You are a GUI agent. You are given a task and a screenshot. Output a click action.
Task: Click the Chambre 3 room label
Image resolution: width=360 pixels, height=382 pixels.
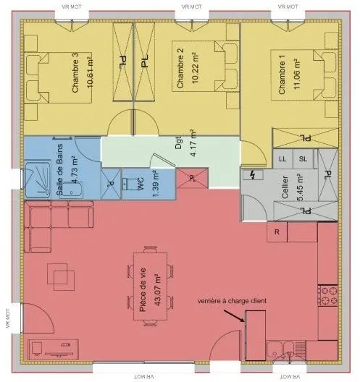pos(75,72)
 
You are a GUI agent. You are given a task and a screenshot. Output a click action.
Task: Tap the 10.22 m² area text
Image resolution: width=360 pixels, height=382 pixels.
pos(196,68)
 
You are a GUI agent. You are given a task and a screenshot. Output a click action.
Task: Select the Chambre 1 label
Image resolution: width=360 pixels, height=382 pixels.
pos(282,75)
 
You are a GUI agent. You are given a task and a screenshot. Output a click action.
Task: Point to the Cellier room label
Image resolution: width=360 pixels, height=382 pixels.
pos(285,187)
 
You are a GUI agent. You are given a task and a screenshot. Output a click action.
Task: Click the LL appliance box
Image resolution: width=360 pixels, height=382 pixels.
pos(282,159)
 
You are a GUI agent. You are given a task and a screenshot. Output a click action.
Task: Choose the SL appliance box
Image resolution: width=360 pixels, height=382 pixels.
pos(304,159)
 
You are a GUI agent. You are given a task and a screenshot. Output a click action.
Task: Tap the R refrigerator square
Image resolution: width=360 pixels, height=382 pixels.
pos(277,232)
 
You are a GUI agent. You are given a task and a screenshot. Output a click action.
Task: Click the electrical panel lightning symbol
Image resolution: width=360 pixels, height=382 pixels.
pos(253,174)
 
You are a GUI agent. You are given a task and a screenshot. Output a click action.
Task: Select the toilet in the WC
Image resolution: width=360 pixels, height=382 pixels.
pos(127,184)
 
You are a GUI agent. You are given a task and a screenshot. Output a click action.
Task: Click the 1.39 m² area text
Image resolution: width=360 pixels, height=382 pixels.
pos(156,184)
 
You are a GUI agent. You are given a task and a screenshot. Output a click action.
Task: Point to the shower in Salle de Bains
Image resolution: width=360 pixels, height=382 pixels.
pos(38,179)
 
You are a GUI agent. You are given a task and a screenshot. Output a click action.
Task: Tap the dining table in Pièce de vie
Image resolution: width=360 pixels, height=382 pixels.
pos(150,286)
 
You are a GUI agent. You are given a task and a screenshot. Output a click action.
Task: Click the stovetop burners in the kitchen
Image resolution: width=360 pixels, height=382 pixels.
pos(327,295)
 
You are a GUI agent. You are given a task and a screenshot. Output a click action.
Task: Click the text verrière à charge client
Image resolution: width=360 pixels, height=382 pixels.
pos(232,301)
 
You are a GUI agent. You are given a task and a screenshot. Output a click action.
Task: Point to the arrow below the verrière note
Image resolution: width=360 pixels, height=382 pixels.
pos(234,315)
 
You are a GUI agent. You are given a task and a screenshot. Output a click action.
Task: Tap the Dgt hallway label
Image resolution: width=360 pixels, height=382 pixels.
pos(178,143)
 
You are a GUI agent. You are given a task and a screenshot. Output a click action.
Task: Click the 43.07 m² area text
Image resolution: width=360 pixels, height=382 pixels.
pos(158,289)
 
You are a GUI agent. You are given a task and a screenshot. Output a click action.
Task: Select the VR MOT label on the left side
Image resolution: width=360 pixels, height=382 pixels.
pos(7,318)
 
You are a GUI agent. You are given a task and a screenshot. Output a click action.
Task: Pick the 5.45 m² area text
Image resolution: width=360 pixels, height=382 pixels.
pos(300,187)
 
